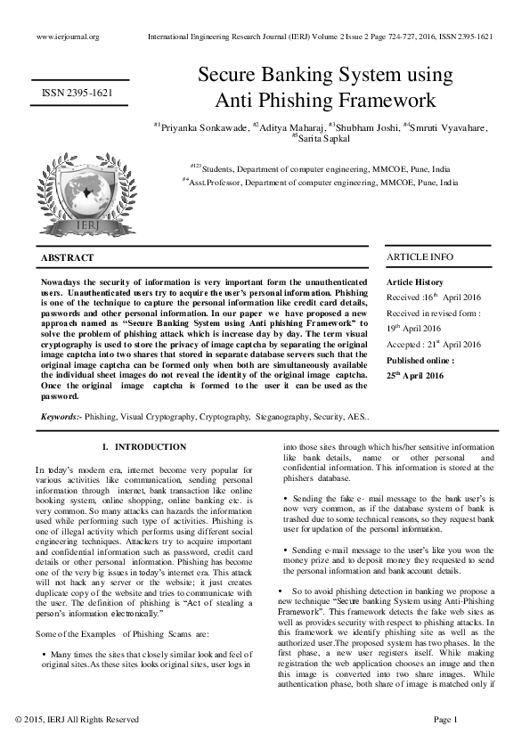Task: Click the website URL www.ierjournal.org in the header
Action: click(68, 37)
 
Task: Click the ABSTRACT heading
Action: click(68, 258)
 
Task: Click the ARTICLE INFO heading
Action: click(420, 257)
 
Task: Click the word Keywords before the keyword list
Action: click(61, 416)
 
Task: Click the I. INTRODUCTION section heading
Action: click(144, 447)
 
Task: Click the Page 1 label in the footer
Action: click(444, 718)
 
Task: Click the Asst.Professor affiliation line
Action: click(321, 181)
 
